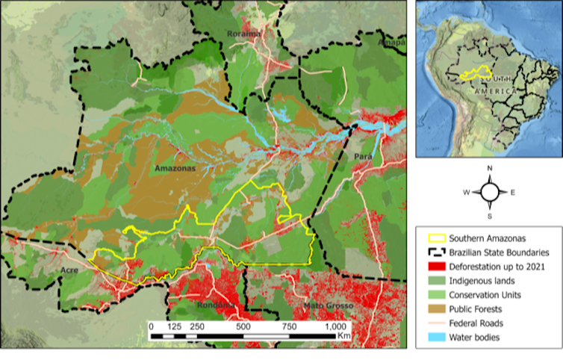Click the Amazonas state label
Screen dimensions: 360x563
pos(175,169)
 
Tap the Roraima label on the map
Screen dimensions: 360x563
pos(243,34)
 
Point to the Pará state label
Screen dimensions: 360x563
pos(362,157)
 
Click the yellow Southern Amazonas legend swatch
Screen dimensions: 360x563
pos(435,238)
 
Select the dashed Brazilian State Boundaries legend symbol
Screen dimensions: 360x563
pos(435,252)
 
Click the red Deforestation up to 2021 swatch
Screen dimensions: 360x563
pos(435,267)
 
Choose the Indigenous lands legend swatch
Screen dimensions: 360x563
pos(435,281)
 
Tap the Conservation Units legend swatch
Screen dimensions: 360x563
pos(435,295)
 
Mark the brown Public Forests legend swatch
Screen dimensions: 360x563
pos(435,309)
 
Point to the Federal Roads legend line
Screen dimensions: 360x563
pos(435,323)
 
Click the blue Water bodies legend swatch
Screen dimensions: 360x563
pos(435,338)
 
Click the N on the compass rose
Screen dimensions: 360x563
pos(489,170)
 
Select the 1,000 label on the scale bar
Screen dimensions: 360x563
pos(335,327)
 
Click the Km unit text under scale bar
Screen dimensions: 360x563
pos(343,338)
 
